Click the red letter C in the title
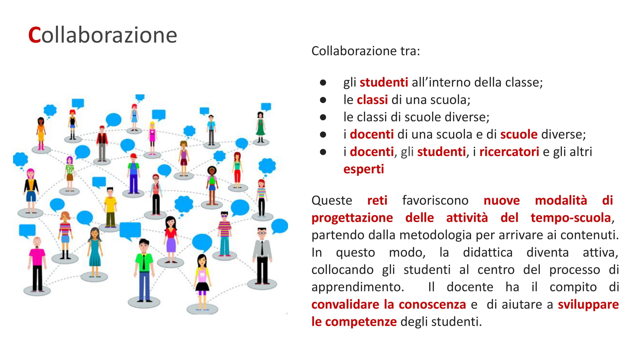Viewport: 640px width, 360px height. (x=35, y=35)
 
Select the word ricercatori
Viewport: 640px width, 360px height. (x=509, y=152)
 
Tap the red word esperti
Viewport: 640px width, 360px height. (x=364, y=169)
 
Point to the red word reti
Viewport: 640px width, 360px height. (x=377, y=200)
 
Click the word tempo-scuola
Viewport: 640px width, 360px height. (x=571, y=218)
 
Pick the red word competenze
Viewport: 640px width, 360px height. (x=361, y=322)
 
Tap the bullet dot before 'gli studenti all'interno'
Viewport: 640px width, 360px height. (x=323, y=83)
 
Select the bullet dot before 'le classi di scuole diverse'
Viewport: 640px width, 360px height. (x=323, y=117)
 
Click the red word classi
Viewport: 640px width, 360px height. (x=372, y=100)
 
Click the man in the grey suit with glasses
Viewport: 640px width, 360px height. (x=262, y=256)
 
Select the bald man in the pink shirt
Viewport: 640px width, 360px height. (x=37, y=264)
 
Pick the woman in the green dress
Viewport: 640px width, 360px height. (x=260, y=127)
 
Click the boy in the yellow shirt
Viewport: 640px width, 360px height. (x=110, y=207)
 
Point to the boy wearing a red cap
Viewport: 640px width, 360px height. (x=134, y=173)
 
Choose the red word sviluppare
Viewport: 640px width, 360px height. (x=588, y=304)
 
